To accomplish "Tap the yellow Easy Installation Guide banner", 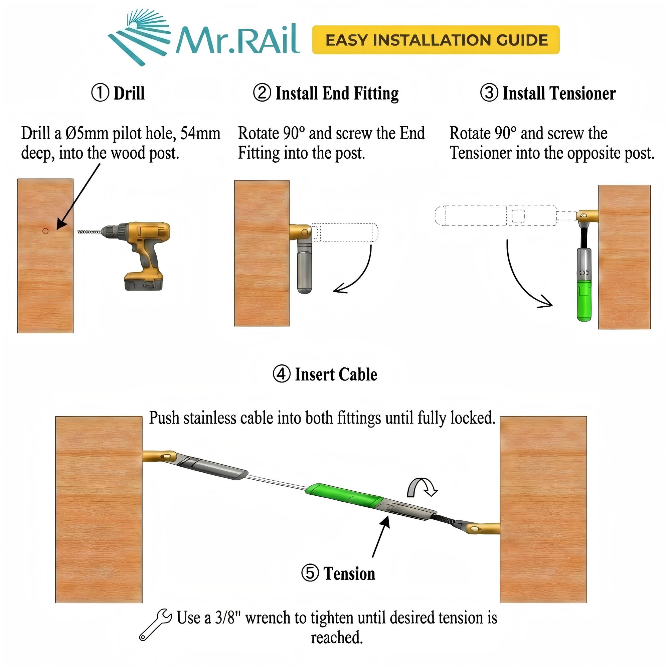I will click(435, 40).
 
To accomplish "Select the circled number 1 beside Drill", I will click(100, 93).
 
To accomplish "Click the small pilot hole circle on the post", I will click(45, 231).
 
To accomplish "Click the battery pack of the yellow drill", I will click(144, 281).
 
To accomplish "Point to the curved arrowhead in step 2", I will click(339, 289).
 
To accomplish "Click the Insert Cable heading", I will click(335, 374).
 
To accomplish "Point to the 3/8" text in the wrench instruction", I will click(227, 618).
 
